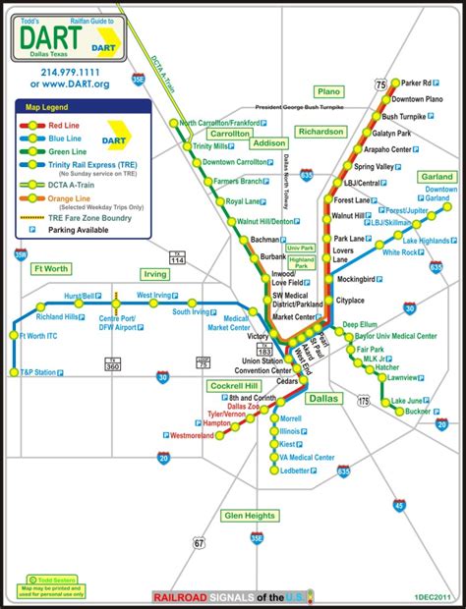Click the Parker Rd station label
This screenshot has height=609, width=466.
coord(422,82)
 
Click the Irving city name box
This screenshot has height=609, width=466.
coord(155,275)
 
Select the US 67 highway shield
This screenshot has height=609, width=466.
coord(200,542)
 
